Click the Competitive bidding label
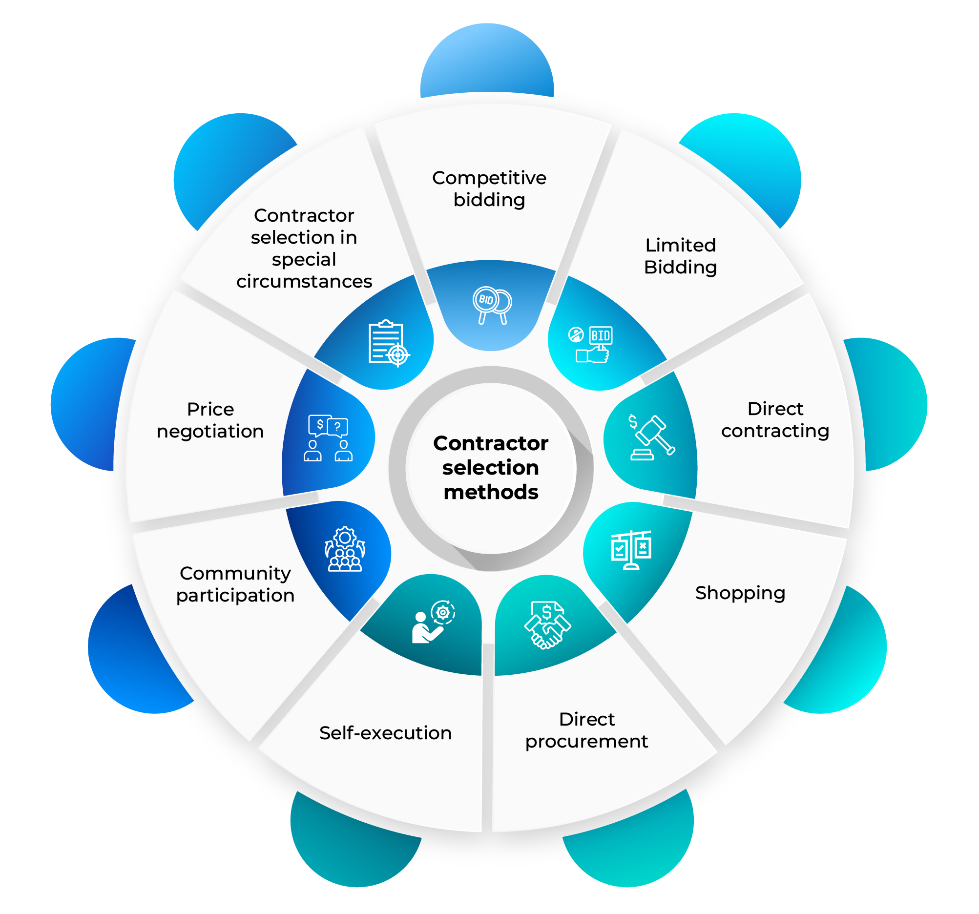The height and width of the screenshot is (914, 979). [489, 188]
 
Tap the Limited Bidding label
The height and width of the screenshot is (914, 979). [680, 256]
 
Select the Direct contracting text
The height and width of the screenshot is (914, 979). [774, 419]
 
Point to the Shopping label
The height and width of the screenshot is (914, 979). [740, 593]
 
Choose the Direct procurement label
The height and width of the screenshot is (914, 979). [586, 730]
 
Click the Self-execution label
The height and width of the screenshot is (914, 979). [385, 733]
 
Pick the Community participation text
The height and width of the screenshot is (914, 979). [235, 584]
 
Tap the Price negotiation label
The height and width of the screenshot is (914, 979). [210, 420]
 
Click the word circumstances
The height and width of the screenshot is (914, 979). [304, 282]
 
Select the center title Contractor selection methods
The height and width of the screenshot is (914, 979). [491, 467]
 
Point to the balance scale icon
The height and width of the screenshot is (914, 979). [631, 550]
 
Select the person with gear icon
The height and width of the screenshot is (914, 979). [433, 622]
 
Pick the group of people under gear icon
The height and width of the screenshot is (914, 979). [345, 549]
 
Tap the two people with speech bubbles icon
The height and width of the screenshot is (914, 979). [328, 437]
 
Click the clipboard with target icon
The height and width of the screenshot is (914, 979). [389, 343]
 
